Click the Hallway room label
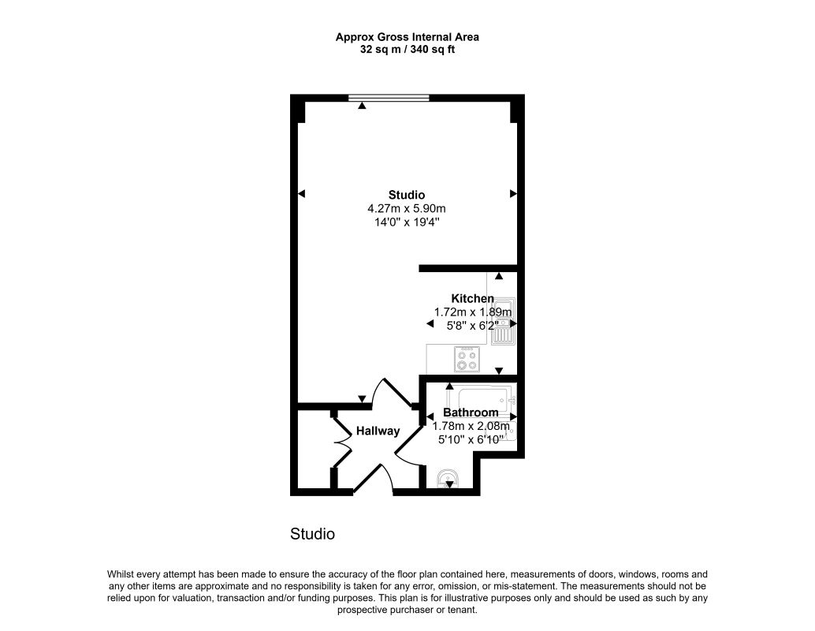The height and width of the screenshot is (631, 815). point(378,431)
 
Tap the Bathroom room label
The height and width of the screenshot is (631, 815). point(471,413)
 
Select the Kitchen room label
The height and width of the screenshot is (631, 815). point(472,299)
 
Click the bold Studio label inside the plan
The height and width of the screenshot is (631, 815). point(407,195)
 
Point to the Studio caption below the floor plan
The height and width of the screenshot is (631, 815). point(312,534)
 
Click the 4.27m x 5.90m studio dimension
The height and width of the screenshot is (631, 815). point(407,208)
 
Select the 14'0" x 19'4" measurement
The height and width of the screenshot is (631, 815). point(407,222)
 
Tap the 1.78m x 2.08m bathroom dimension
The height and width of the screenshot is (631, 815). point(471,426)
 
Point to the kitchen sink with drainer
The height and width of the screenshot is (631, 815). point(503,322)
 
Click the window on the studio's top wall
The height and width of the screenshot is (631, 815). point(389,97)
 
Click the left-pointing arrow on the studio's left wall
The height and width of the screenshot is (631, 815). point(301,194)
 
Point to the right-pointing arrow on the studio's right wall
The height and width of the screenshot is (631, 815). point(514,194)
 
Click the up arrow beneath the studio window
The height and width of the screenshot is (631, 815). point(363,106)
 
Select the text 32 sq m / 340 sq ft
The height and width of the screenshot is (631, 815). point(407,50)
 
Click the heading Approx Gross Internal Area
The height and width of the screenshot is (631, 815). point(407,37)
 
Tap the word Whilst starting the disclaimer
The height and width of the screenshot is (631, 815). point(120,575)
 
